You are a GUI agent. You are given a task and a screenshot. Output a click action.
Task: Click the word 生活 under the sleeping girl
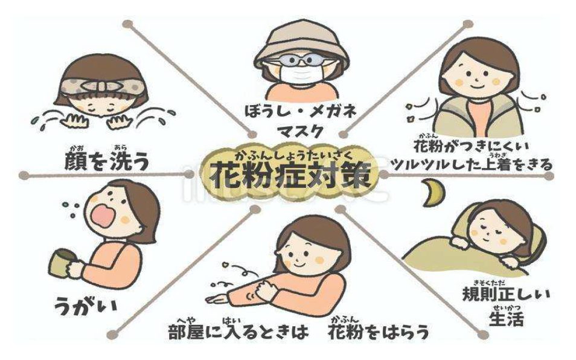pos(506,319)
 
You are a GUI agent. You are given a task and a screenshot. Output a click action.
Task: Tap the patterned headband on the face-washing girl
pos(101,87)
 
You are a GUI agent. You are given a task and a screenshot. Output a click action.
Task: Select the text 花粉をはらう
pos(379,333)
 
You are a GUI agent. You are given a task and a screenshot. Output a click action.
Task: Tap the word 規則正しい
pos(506,295)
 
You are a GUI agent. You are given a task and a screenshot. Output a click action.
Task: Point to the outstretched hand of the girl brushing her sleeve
pos(217,300)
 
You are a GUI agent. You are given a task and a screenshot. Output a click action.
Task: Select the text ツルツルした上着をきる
pos(473,164)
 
